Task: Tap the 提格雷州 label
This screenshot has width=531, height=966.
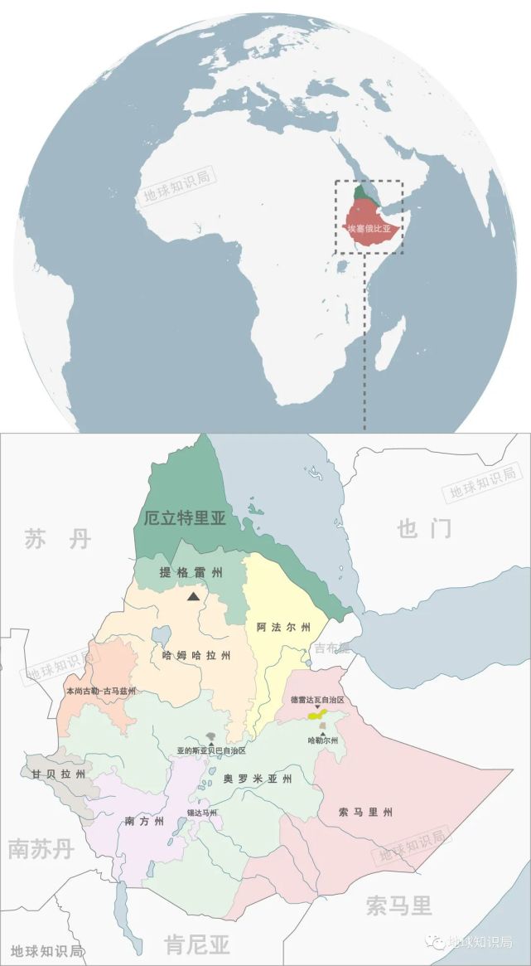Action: (x=192, y=572)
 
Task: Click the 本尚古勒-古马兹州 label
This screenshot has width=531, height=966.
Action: (x=100, y=691)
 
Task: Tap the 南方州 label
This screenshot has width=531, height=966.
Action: (x=144, y=822)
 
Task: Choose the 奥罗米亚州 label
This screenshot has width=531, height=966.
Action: (x=258, y=779)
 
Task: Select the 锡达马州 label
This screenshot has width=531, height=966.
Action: (x=201, y=813)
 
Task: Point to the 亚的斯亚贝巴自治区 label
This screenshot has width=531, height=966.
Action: (x=211, y=750)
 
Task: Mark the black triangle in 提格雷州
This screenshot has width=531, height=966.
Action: (x=194, y=595)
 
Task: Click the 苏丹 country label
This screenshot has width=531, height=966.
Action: (x=56, y=540)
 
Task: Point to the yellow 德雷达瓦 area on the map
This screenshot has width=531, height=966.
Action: (x=316, y=714)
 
